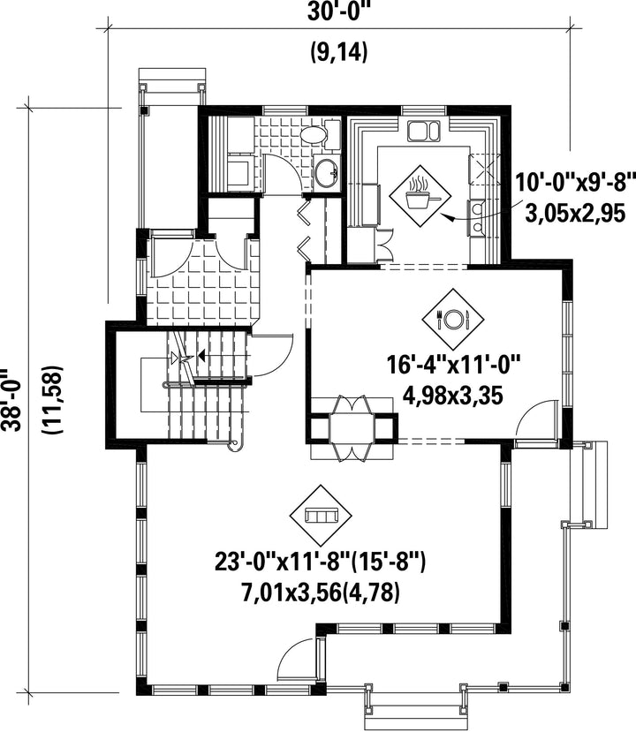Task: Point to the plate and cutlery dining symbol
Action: (452, 320)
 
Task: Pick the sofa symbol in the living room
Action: (321, 516)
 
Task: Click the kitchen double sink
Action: (423, 132)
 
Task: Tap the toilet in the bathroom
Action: (320, 135)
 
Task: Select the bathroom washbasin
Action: (325, 171)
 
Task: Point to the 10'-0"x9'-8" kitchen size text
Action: (575, 182)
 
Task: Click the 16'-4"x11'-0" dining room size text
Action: (453, 365)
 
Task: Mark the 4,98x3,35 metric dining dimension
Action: (452, 396)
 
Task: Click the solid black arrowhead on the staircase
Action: (201, 356)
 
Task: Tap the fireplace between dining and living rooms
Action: (352, 428)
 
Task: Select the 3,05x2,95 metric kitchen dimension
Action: (575, 215)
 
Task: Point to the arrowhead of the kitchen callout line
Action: (446, 216)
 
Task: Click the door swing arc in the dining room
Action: (533, 416)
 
